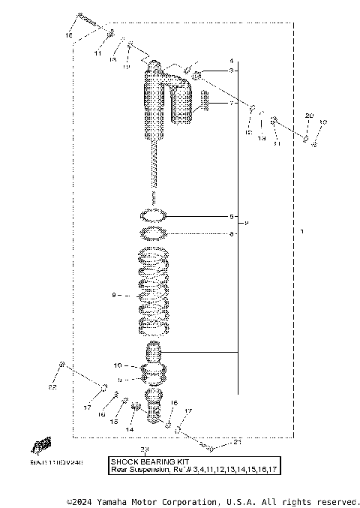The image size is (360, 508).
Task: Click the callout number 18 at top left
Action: click(69, 35)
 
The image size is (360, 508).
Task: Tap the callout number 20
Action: click(309, 115)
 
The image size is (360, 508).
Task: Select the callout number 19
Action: click(323, 122)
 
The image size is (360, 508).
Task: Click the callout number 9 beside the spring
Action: click(115, 296)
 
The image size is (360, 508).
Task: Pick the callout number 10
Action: click(118, 365)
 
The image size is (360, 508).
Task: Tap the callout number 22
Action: click(52, 388)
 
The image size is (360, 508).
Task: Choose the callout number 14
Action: click(129, 429)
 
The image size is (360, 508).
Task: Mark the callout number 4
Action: click(232, 60)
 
